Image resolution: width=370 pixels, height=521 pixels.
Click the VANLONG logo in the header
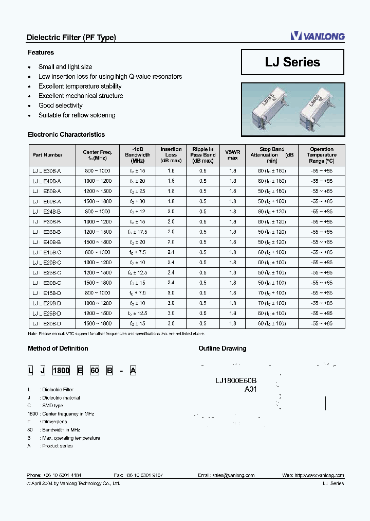(317, 36)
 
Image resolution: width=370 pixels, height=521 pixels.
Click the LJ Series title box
(292, 62)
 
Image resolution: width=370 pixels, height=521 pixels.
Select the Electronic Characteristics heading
(66, 135)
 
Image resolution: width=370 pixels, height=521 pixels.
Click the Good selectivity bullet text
(61, 106)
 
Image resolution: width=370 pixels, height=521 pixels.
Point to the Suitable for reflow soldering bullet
(77, 115)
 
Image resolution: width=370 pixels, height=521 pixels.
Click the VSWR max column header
(232, 154)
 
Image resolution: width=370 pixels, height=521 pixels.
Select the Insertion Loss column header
(171, 154)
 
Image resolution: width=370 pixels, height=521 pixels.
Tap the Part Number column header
(47, 154)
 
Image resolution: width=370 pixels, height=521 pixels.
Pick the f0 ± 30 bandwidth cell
(137, 201)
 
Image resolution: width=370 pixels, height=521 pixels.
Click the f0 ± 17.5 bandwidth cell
(137, 232)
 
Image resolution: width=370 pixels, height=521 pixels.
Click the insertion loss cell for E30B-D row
(171, 323)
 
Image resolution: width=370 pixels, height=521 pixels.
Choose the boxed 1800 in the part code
(62, 371)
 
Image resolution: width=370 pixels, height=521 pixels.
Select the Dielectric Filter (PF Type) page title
(71, 38)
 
